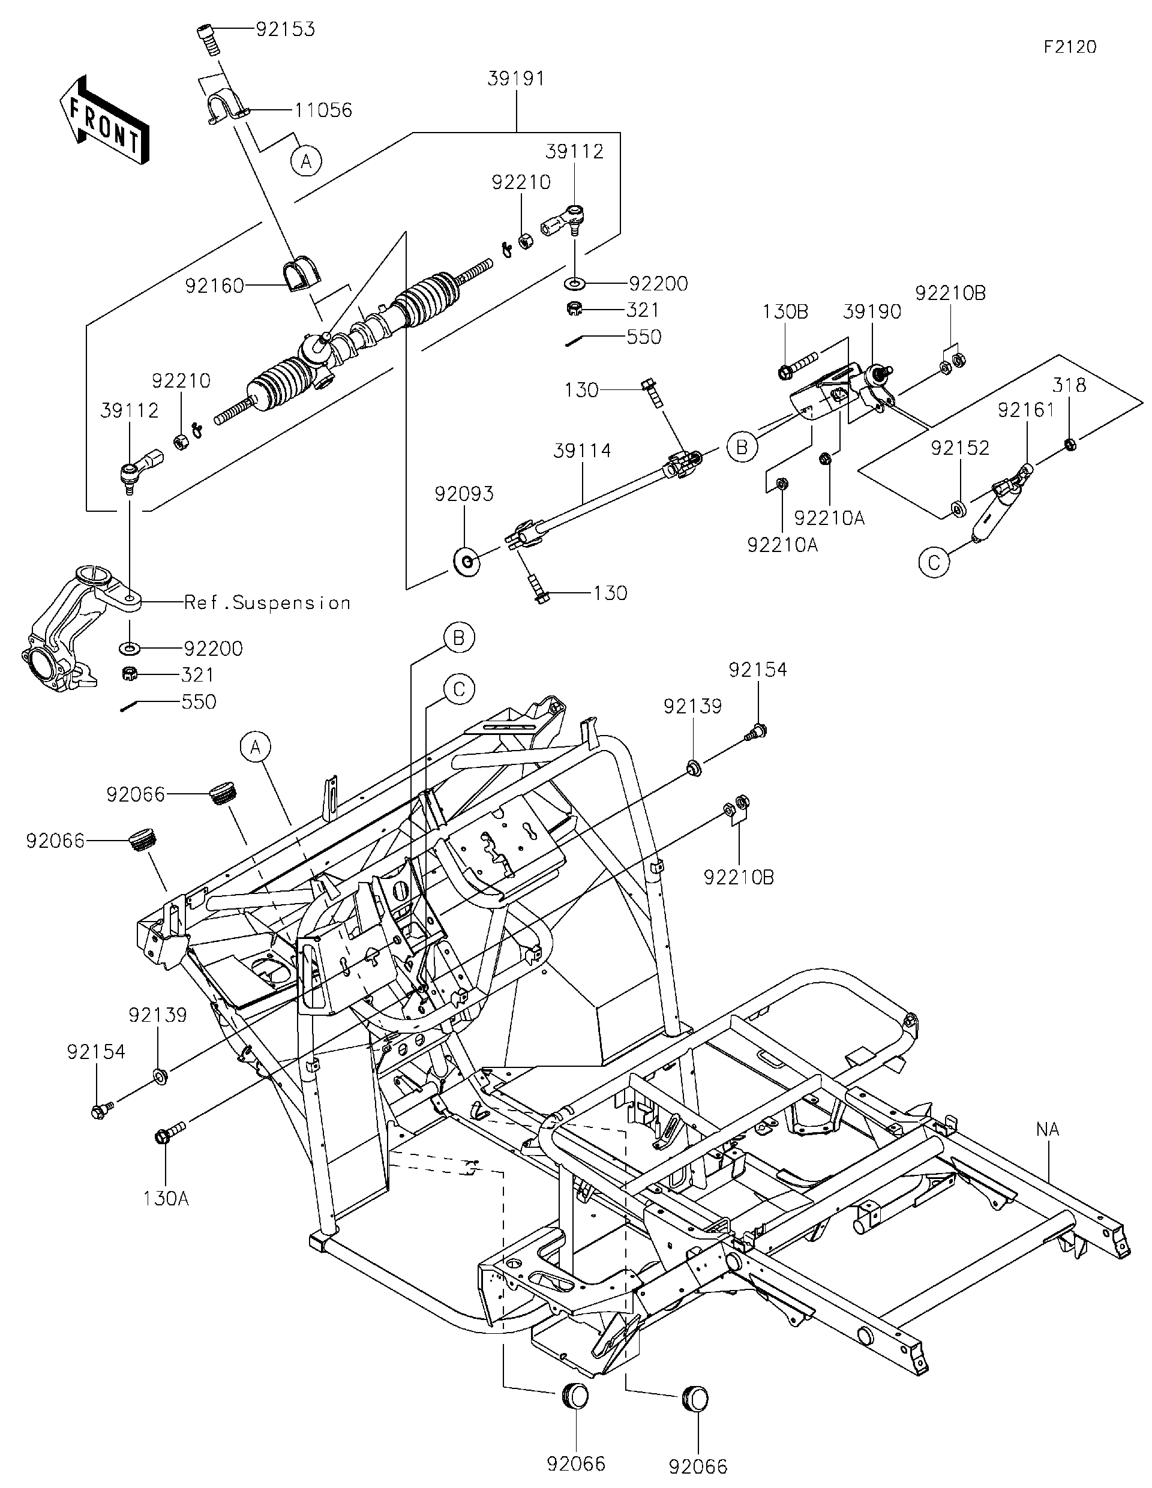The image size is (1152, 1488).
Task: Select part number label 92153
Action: click(x=286, y=30)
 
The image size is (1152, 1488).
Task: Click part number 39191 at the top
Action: click(x=516, y=79)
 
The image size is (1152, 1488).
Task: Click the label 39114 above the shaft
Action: click(x=582, y=451)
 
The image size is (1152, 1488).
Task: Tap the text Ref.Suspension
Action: click(x=267, y=602)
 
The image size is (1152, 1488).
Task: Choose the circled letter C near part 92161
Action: click(x=934, y=563)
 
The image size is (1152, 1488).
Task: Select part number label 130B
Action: click(x=785, y=312)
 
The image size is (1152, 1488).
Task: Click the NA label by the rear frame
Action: click(x=1048, y=1130)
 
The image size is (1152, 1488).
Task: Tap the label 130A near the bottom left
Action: click(x=166, y=1198)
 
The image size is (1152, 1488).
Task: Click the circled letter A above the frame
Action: click(x=256, y=748)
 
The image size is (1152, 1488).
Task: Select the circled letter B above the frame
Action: click(x=458, y=638)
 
